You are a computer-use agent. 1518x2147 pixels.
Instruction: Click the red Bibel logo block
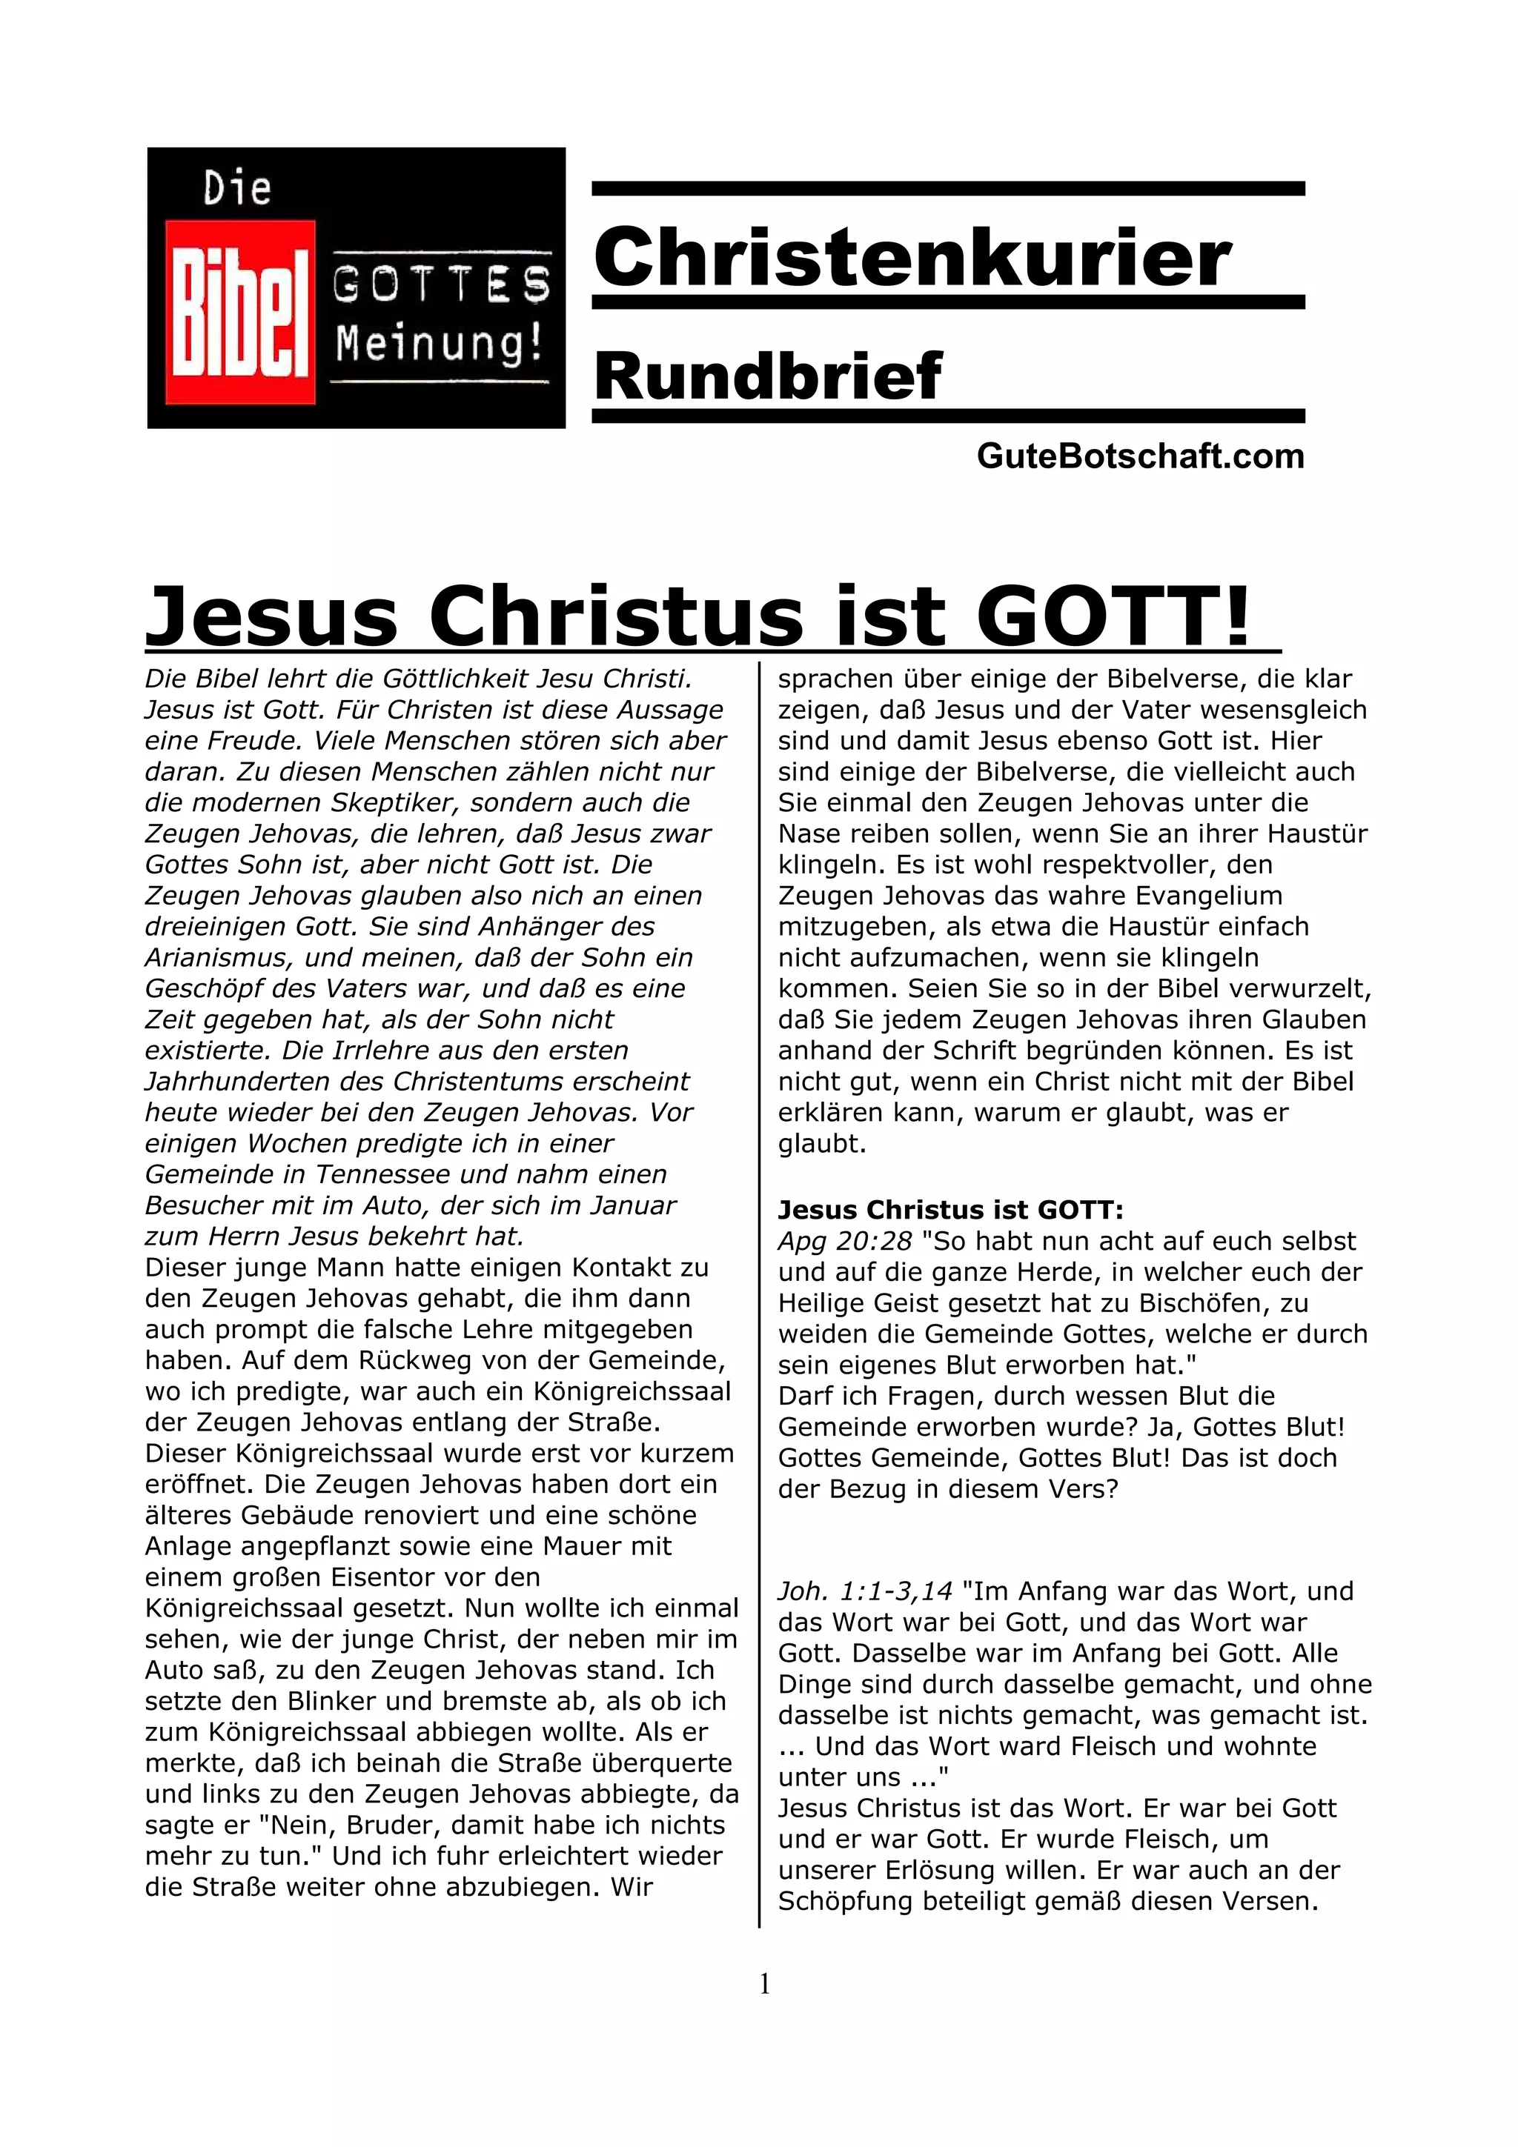pyautogui.click(x=239, y=313)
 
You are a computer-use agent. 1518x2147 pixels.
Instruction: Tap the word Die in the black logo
pyautogui.click(x=238, y=189)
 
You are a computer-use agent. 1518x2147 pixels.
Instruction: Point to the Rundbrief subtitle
pyautogui.click(x=768, y=376)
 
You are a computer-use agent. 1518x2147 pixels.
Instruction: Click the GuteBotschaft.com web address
pyautogui.click(x=1139, y=456)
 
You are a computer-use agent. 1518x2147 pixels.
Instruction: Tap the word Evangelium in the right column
pyautogui.click(x=1208, y=895)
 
